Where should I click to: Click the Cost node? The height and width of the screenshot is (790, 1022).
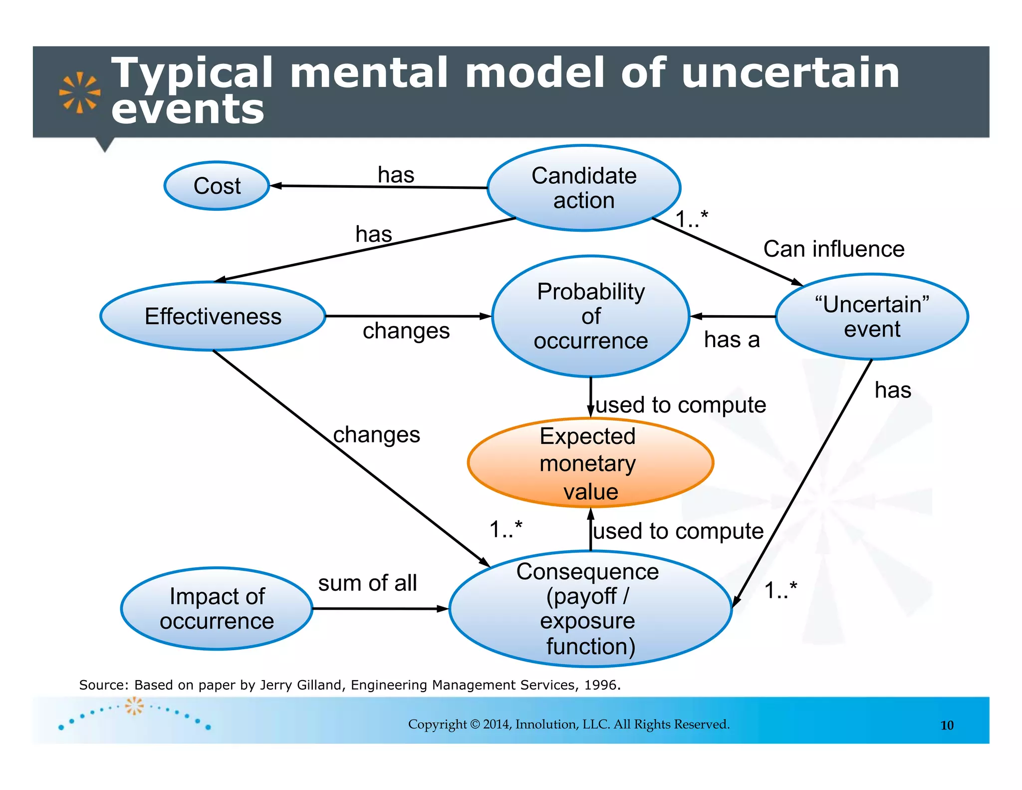point(217,186)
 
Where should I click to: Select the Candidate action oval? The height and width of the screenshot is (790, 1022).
point(584,188)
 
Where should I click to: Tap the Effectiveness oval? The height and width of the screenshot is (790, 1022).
point(213,316)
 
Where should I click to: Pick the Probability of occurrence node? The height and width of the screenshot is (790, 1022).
point(591,316)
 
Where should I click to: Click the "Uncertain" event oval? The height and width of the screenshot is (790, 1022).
point(872,317)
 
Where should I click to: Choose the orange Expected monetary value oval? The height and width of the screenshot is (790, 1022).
point(590,463)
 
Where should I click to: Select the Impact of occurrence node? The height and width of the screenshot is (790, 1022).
point(217,609)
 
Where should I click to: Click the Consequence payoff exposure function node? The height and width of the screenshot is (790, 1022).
point(590,609)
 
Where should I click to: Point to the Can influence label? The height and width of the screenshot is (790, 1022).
point(833,249)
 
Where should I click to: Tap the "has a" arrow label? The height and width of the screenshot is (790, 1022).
point(732,340)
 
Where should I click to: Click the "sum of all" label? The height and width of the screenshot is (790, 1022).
point(367,583)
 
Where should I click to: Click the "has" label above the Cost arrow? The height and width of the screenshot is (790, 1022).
point(396,175)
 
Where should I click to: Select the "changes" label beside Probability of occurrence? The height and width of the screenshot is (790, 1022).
point(406,331)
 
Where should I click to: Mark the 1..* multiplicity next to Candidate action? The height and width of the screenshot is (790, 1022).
point(692,219)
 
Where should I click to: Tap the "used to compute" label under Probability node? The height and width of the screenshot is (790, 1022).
point(681,404)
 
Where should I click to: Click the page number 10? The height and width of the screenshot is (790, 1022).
point(947,725)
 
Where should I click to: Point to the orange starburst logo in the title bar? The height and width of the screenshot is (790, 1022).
point(79,92)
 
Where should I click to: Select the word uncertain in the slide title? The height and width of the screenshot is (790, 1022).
point(790,73)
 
